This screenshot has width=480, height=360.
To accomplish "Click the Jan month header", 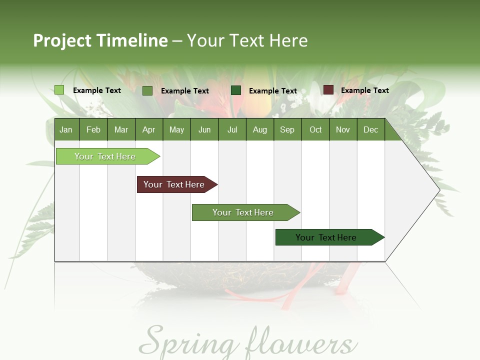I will [x=66, y=129].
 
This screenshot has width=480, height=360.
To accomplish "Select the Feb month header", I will [x=93, y=129].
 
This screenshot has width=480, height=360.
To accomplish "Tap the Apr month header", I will [x=148, y=129].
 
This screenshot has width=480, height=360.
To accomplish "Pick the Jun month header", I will [x=204, y=129].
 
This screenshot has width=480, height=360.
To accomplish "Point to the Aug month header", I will [x=259, y=129].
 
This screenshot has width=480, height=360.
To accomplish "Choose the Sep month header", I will [x=287, y=129].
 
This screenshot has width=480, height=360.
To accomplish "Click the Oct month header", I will [x=315, y=129].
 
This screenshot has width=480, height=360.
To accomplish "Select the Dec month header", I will [x=370, y=129].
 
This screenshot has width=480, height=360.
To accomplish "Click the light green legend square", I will [x=59, y=90].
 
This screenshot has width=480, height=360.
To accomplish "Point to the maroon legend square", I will [x=328, y=90].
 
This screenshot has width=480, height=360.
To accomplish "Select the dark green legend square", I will [x=236, y=90].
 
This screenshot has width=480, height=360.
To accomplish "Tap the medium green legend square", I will [x=147, y=90].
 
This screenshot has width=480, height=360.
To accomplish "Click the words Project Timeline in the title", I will [x=100, y=40].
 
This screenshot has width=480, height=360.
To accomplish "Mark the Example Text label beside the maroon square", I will [x=364, y=90].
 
